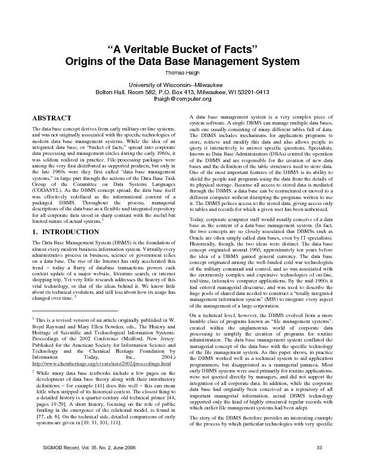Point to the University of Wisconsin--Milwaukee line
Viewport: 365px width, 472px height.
point(182,85)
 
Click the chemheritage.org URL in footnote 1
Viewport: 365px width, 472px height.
point(102,363)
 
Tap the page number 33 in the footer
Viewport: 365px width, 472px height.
point(319,465)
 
